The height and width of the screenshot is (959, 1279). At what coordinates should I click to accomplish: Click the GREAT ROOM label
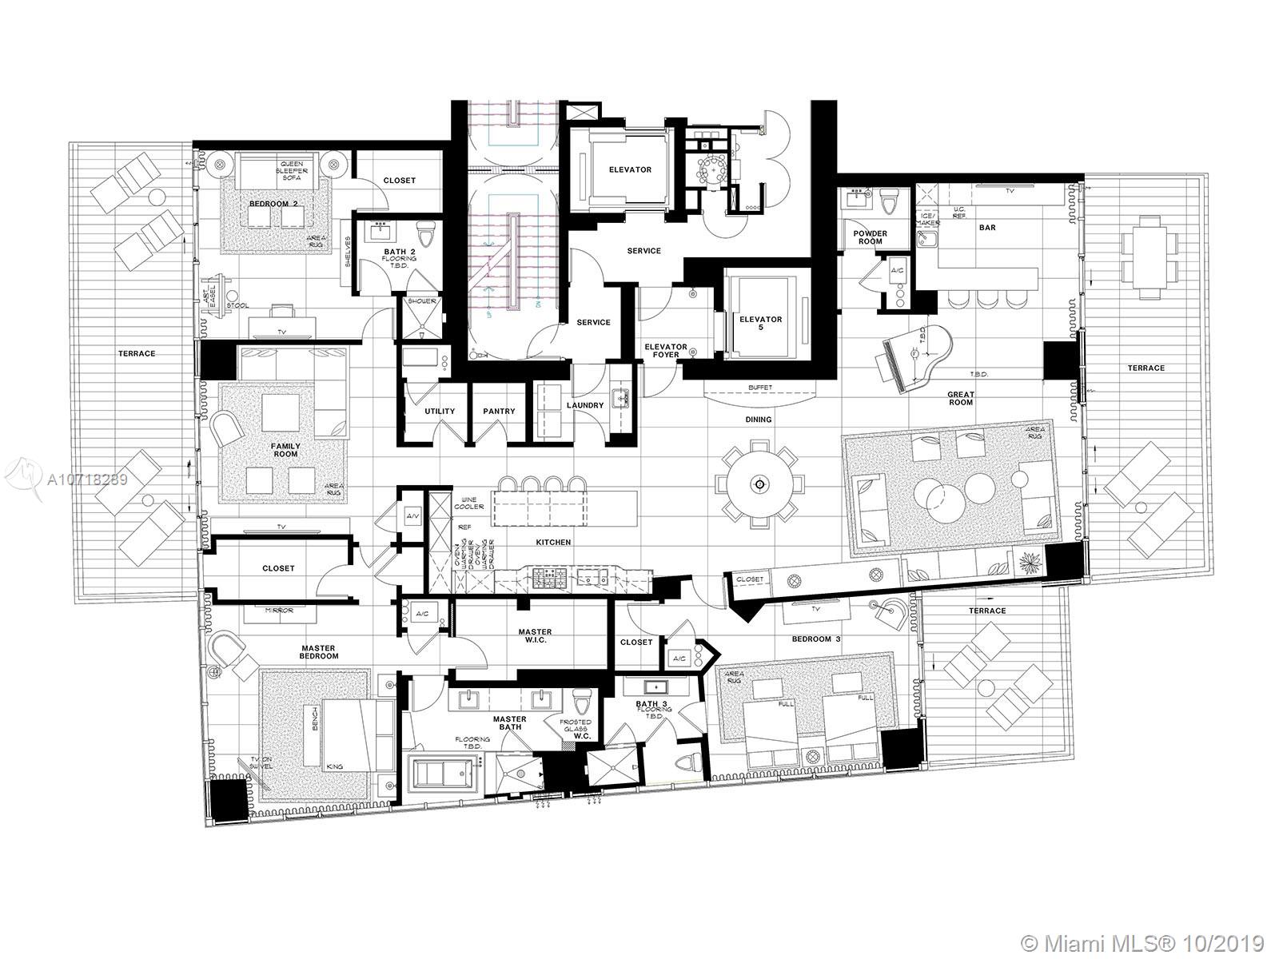point(960,398)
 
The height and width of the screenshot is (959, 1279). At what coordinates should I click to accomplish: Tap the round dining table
point(759,484)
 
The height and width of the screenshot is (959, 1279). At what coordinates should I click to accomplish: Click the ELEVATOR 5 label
point(760,324)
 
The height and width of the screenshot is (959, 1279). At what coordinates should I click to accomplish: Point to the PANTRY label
point(499,412)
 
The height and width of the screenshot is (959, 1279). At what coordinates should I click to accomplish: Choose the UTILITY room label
point(440,412)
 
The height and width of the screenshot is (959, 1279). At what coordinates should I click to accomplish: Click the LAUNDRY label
point(585,406)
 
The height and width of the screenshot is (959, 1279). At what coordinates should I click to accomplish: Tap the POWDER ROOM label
point(870,237)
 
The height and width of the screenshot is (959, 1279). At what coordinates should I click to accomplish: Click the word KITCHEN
point(553,543)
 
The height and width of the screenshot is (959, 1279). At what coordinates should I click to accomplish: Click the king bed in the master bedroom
point(356,736)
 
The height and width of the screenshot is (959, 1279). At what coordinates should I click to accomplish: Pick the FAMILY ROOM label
point(285,450)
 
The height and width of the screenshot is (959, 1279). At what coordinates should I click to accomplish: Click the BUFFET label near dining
point(759,388)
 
